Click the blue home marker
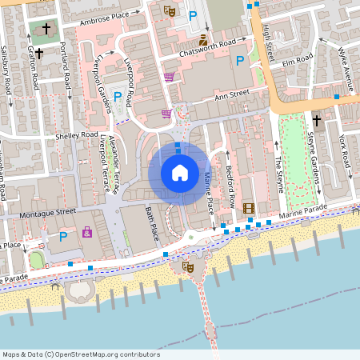tap(179, 172)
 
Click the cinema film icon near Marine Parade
tap(248, 209)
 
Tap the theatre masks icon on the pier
tap(188, 266)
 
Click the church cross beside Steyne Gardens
tap(316, 121)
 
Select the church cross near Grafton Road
tap(46, 29)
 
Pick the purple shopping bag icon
tap(86, 233)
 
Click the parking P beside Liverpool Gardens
tap(118, 97)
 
